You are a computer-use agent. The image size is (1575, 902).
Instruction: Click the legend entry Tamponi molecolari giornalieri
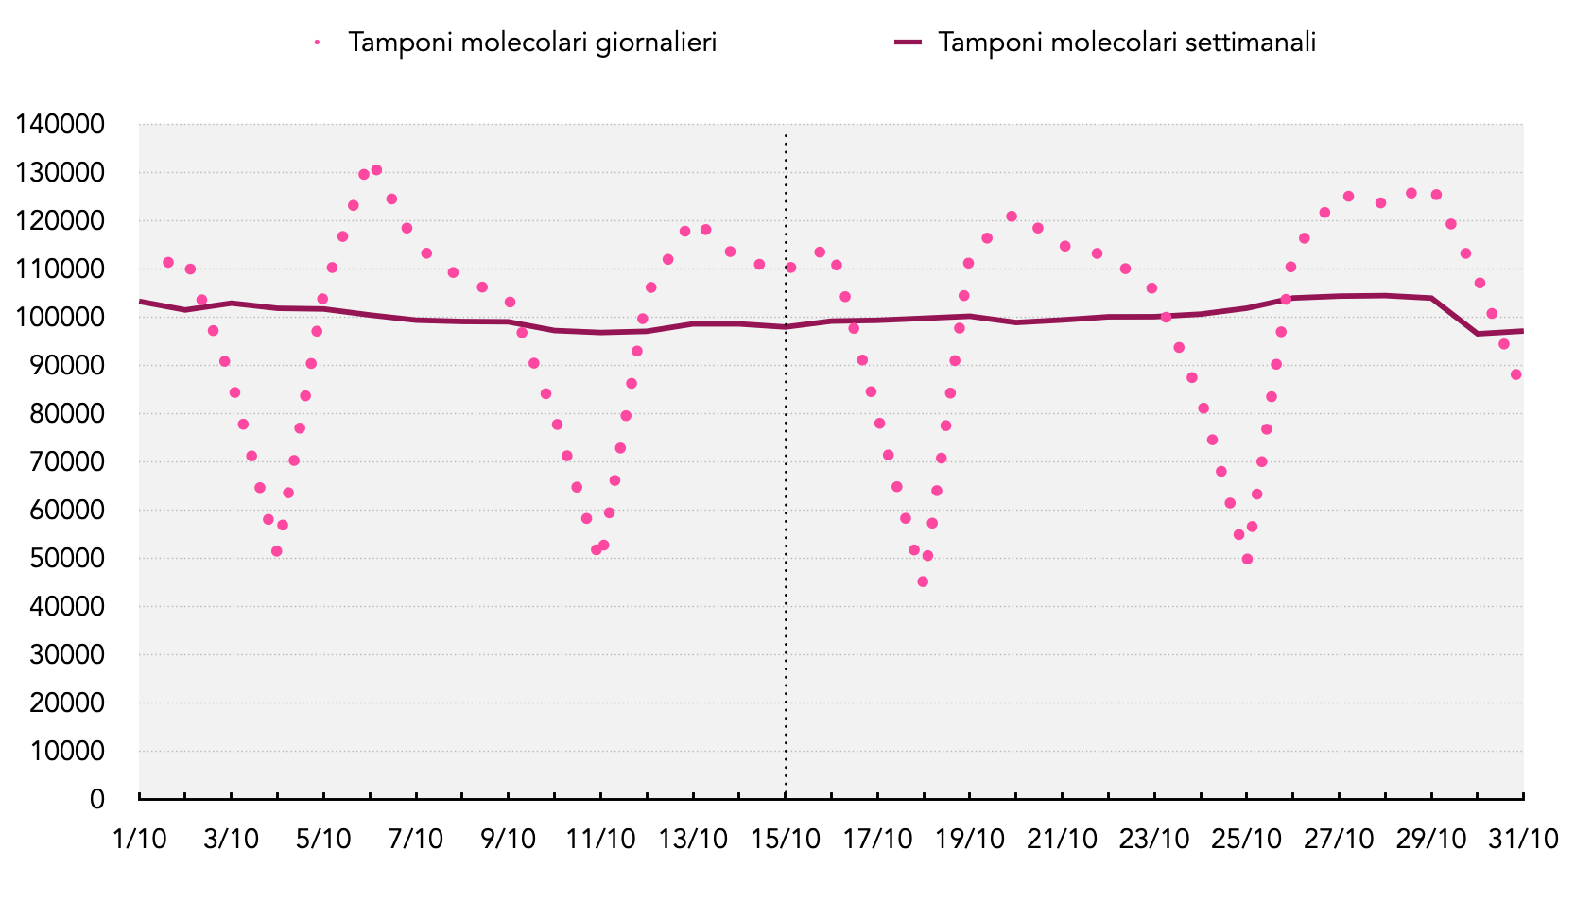click(532, 43)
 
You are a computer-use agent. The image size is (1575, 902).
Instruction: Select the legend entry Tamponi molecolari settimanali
click(1127, 43)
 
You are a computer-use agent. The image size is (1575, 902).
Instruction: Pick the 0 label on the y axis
click(97, 800)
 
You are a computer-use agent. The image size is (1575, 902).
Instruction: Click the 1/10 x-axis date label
click(139, 840)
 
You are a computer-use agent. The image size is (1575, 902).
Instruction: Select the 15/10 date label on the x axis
click(786, 840)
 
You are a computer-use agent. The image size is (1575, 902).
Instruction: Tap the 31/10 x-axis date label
click(1523, 840)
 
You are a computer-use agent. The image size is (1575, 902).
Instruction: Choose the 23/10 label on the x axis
click(1154, 840)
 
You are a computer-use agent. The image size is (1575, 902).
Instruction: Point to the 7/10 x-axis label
click(416, 840)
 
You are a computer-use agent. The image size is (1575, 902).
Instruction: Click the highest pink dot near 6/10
click(376, 170)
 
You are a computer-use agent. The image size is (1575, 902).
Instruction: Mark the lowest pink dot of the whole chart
click(923, 581)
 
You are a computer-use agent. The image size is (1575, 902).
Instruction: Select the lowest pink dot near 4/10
click(276, 551)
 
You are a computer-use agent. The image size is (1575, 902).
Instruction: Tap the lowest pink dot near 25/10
click(1247, 559)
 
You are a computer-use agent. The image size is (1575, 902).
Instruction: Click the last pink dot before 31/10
click(1515, 374)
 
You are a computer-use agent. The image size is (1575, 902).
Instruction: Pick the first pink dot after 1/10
click(168, 263)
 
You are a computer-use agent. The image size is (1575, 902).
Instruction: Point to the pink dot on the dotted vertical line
click(790, 268)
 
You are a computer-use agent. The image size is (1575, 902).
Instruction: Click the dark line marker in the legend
click(908, 43)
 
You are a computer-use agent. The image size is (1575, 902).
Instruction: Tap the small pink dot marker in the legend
click(318, 43)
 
